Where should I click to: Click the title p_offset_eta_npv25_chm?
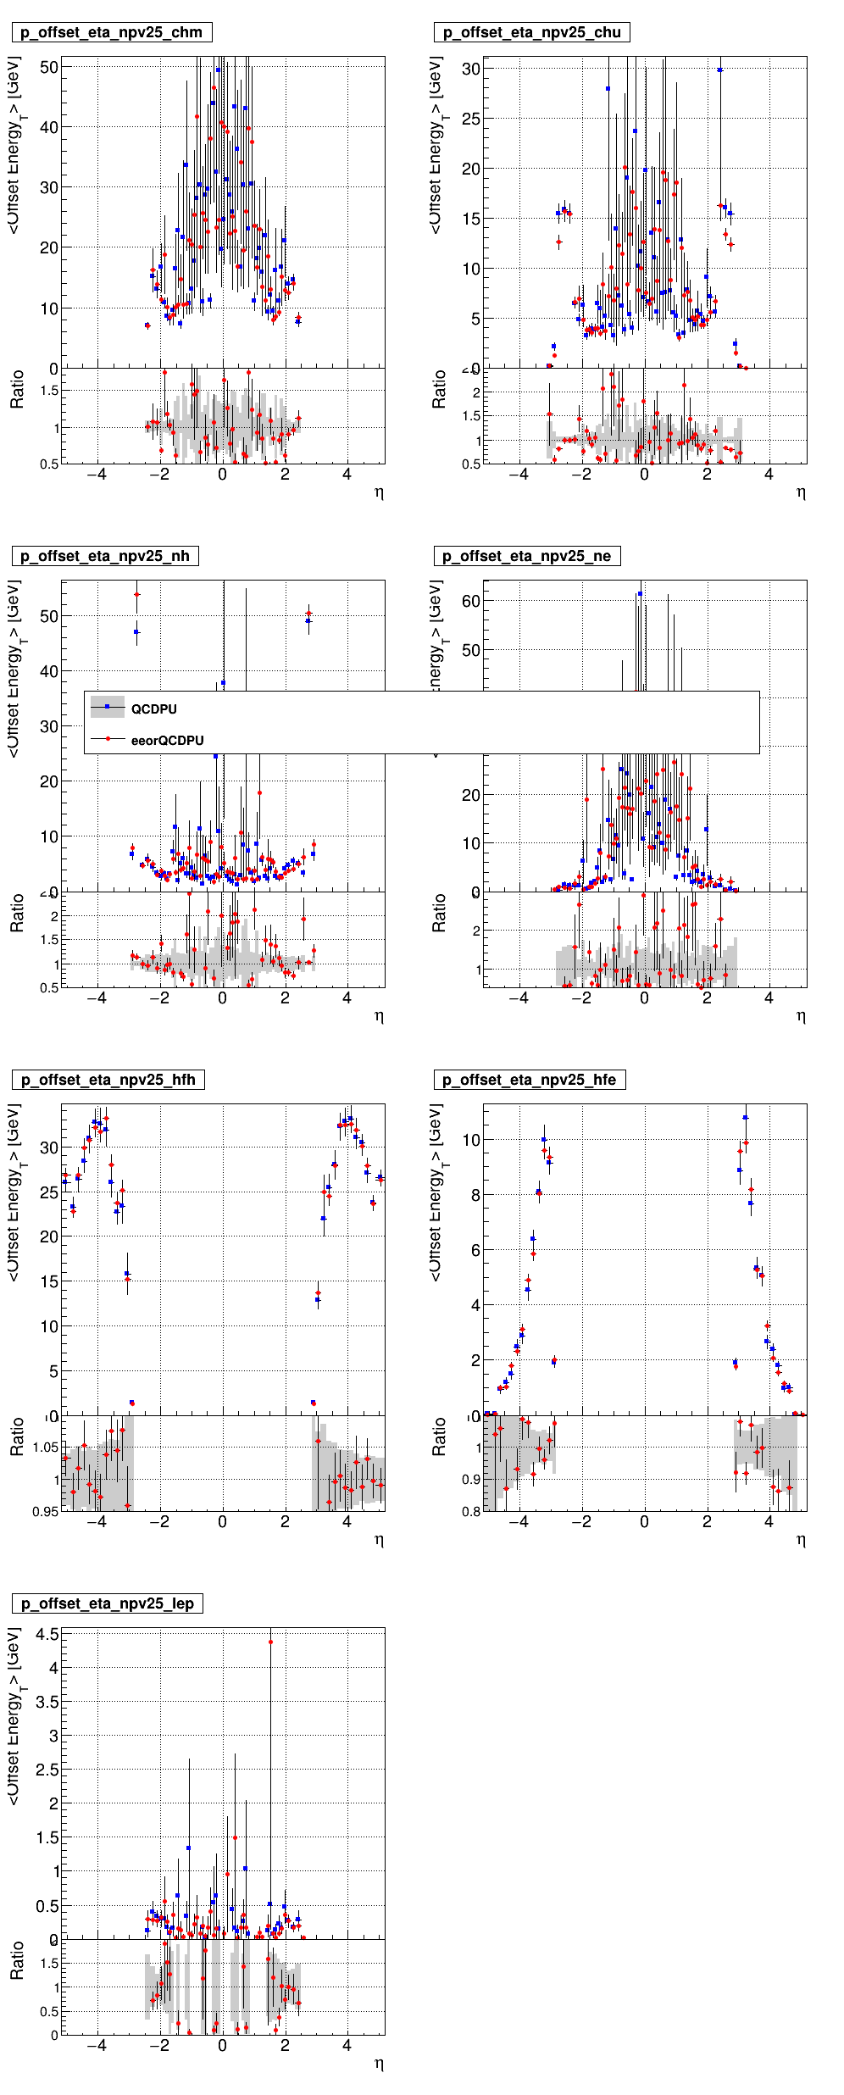pyautogui.click(x=111, y=32)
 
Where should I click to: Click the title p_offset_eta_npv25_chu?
pyautogui.click(x=531, y=32)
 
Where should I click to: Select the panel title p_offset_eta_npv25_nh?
pyautogui.click(x=104, y=556)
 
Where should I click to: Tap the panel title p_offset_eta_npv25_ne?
pyautogui.click(x=526, y=556)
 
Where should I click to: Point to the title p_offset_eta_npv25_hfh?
pyautogui.click(x=108, y=1080)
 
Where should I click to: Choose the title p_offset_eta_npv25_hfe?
pyautogui.click(x=529, y=1080)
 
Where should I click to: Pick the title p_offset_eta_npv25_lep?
pyautogui.click(x=107, y=1603)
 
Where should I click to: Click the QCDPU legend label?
pyautogui.click(x=153, y=709)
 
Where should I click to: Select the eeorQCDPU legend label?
pyautogui.click(x=167, y=741)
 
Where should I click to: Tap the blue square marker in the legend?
pyautogui.click(x=108, y=707)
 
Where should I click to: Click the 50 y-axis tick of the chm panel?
pyautogui.click(x=49, y=67)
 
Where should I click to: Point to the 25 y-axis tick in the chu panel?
pyautogui.click(x=470, y=119)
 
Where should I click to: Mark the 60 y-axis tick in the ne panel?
pyautogui.click(x=470, y=601)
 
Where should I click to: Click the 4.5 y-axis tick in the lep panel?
pyautogui.click(x=47, y=1634)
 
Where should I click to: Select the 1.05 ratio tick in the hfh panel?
pyautogui.click(x=45, y=1448)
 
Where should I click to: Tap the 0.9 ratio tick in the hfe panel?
pyautogui.click(x=471, y=1479)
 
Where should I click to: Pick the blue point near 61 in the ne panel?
pyautogui.click(x=640, y=594)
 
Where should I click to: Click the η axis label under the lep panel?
pyautogui.click(x=379, y=2064)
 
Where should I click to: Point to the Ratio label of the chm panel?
pyautogui.click(x=17, y=389)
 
